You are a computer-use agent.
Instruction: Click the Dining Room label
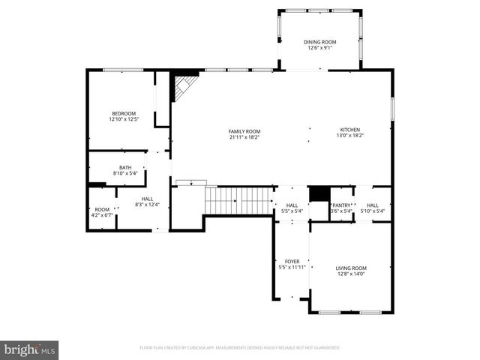pos(320,42)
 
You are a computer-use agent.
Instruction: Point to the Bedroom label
pos(123,113)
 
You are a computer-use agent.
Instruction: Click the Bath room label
pos(125,167)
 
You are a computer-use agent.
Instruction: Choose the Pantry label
pos(342,205)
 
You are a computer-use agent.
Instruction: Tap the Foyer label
pos(292,262)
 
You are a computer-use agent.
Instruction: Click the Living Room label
pos(351,268)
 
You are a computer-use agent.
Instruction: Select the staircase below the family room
pos(238,201)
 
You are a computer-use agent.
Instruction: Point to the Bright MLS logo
pos(30,349)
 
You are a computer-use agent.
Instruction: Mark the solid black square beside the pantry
pos(319,193)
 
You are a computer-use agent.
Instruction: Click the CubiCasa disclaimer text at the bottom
pos(240,348)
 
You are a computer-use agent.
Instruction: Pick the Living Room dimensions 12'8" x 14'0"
pos(351,274)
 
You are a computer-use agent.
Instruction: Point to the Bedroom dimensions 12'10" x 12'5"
pos(123,119)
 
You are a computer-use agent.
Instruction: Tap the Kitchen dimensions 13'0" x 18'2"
pos(350,136)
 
